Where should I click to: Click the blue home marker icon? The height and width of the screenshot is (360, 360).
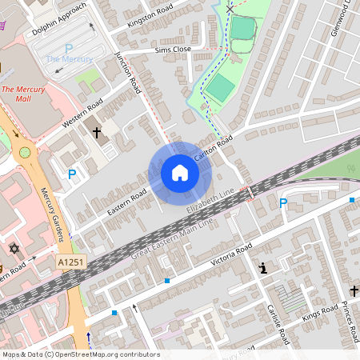click(180, 173)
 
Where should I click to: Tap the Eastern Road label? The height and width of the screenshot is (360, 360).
click(127, 203)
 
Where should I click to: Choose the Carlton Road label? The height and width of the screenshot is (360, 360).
click(212, 150)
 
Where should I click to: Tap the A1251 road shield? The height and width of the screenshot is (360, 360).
click(69, 262)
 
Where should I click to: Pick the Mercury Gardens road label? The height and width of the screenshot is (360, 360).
click(51, 214)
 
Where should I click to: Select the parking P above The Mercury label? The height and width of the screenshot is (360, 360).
click(69, 48)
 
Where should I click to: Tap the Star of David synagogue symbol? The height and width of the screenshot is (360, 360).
click(13, 249)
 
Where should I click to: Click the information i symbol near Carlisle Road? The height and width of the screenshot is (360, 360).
click(262, 269)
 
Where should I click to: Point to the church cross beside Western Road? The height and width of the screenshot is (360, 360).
click(97, 132)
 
